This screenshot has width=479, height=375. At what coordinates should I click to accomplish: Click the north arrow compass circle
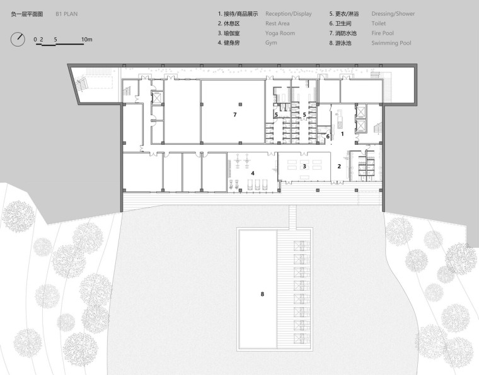[11, 39]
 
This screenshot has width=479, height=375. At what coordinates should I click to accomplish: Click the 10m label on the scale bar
[87, 40]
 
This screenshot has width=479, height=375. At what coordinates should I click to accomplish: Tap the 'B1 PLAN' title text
[67, 14]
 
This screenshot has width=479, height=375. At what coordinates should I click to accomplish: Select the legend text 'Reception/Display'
[289, 14]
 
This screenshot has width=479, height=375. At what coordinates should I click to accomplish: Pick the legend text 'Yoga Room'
[280, 33]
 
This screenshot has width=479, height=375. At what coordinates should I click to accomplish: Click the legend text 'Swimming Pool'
[391, 43]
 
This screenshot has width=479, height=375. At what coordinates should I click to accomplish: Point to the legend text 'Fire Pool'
[383, 33]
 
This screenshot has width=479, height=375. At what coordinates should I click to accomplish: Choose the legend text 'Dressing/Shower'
[393, 14]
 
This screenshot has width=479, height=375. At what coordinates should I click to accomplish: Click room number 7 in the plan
[234, 115]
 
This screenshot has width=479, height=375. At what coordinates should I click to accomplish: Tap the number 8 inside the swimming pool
[262, 294]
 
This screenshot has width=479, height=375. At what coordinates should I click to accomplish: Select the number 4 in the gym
[253, 173]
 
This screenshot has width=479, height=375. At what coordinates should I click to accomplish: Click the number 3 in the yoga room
[304, 166]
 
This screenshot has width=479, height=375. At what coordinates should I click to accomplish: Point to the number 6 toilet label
[328, 137]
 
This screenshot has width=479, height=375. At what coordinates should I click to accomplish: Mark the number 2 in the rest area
[339, 166]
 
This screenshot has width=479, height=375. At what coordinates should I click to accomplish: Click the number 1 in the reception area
[342, 133]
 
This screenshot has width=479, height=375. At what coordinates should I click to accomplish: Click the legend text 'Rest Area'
[277, 23]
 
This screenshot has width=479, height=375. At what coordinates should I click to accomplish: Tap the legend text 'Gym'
[271, 43]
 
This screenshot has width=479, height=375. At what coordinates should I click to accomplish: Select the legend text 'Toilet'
[379, 23]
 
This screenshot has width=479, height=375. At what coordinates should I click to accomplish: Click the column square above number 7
[240, 104]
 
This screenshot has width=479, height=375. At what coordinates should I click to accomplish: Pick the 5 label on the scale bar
[55, 40]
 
